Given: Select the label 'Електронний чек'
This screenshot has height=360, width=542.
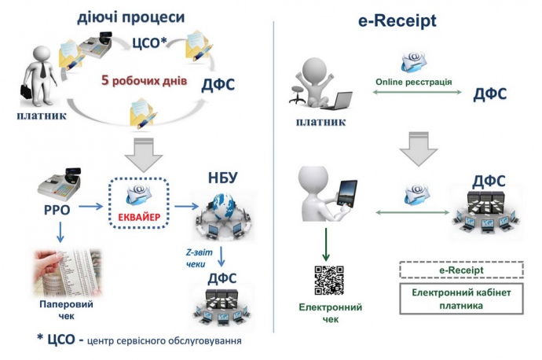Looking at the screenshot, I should (x=328, y=312).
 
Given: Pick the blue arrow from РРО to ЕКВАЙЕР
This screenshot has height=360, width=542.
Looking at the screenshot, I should (x=92, y=207).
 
